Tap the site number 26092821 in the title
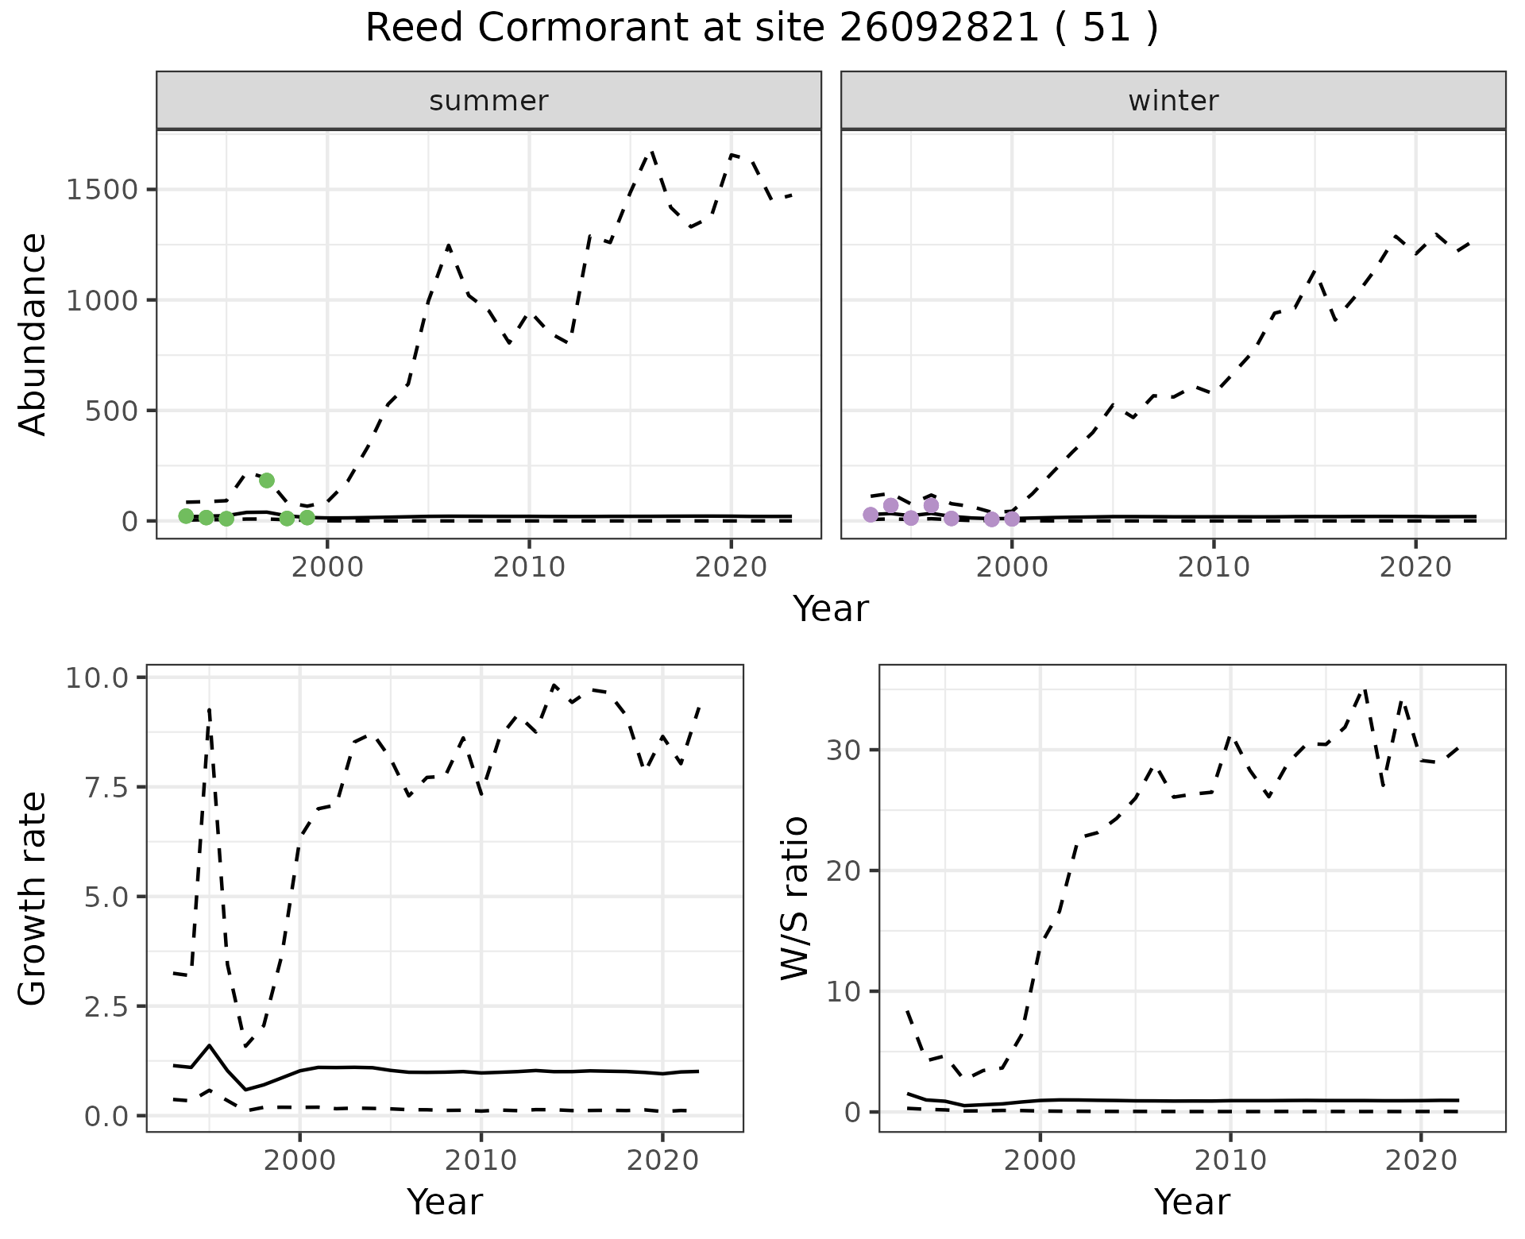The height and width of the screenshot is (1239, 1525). (939, 29)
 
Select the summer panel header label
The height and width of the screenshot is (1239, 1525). (488, 101)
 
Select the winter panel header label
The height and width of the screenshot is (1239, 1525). (1173, 101)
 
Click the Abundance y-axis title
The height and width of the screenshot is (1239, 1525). (33, 334)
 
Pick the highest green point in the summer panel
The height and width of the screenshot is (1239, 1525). (267, 480)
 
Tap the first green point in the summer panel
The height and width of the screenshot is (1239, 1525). (186, 516)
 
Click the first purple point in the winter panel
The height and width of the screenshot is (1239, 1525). (871, 515)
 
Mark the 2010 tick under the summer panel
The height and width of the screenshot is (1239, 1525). (528, 568)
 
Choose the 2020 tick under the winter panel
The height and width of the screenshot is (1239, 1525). (1415, 568)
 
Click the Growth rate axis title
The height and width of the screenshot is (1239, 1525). (33, 897)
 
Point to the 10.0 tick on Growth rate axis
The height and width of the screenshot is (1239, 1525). (98, 677)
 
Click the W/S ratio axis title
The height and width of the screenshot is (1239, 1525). (794, 897)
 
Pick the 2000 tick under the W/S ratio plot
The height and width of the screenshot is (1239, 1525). (1040, 1160)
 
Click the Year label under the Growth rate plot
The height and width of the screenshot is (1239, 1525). (444, 1202)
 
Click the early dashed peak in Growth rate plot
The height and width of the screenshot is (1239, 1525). (209, 708)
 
